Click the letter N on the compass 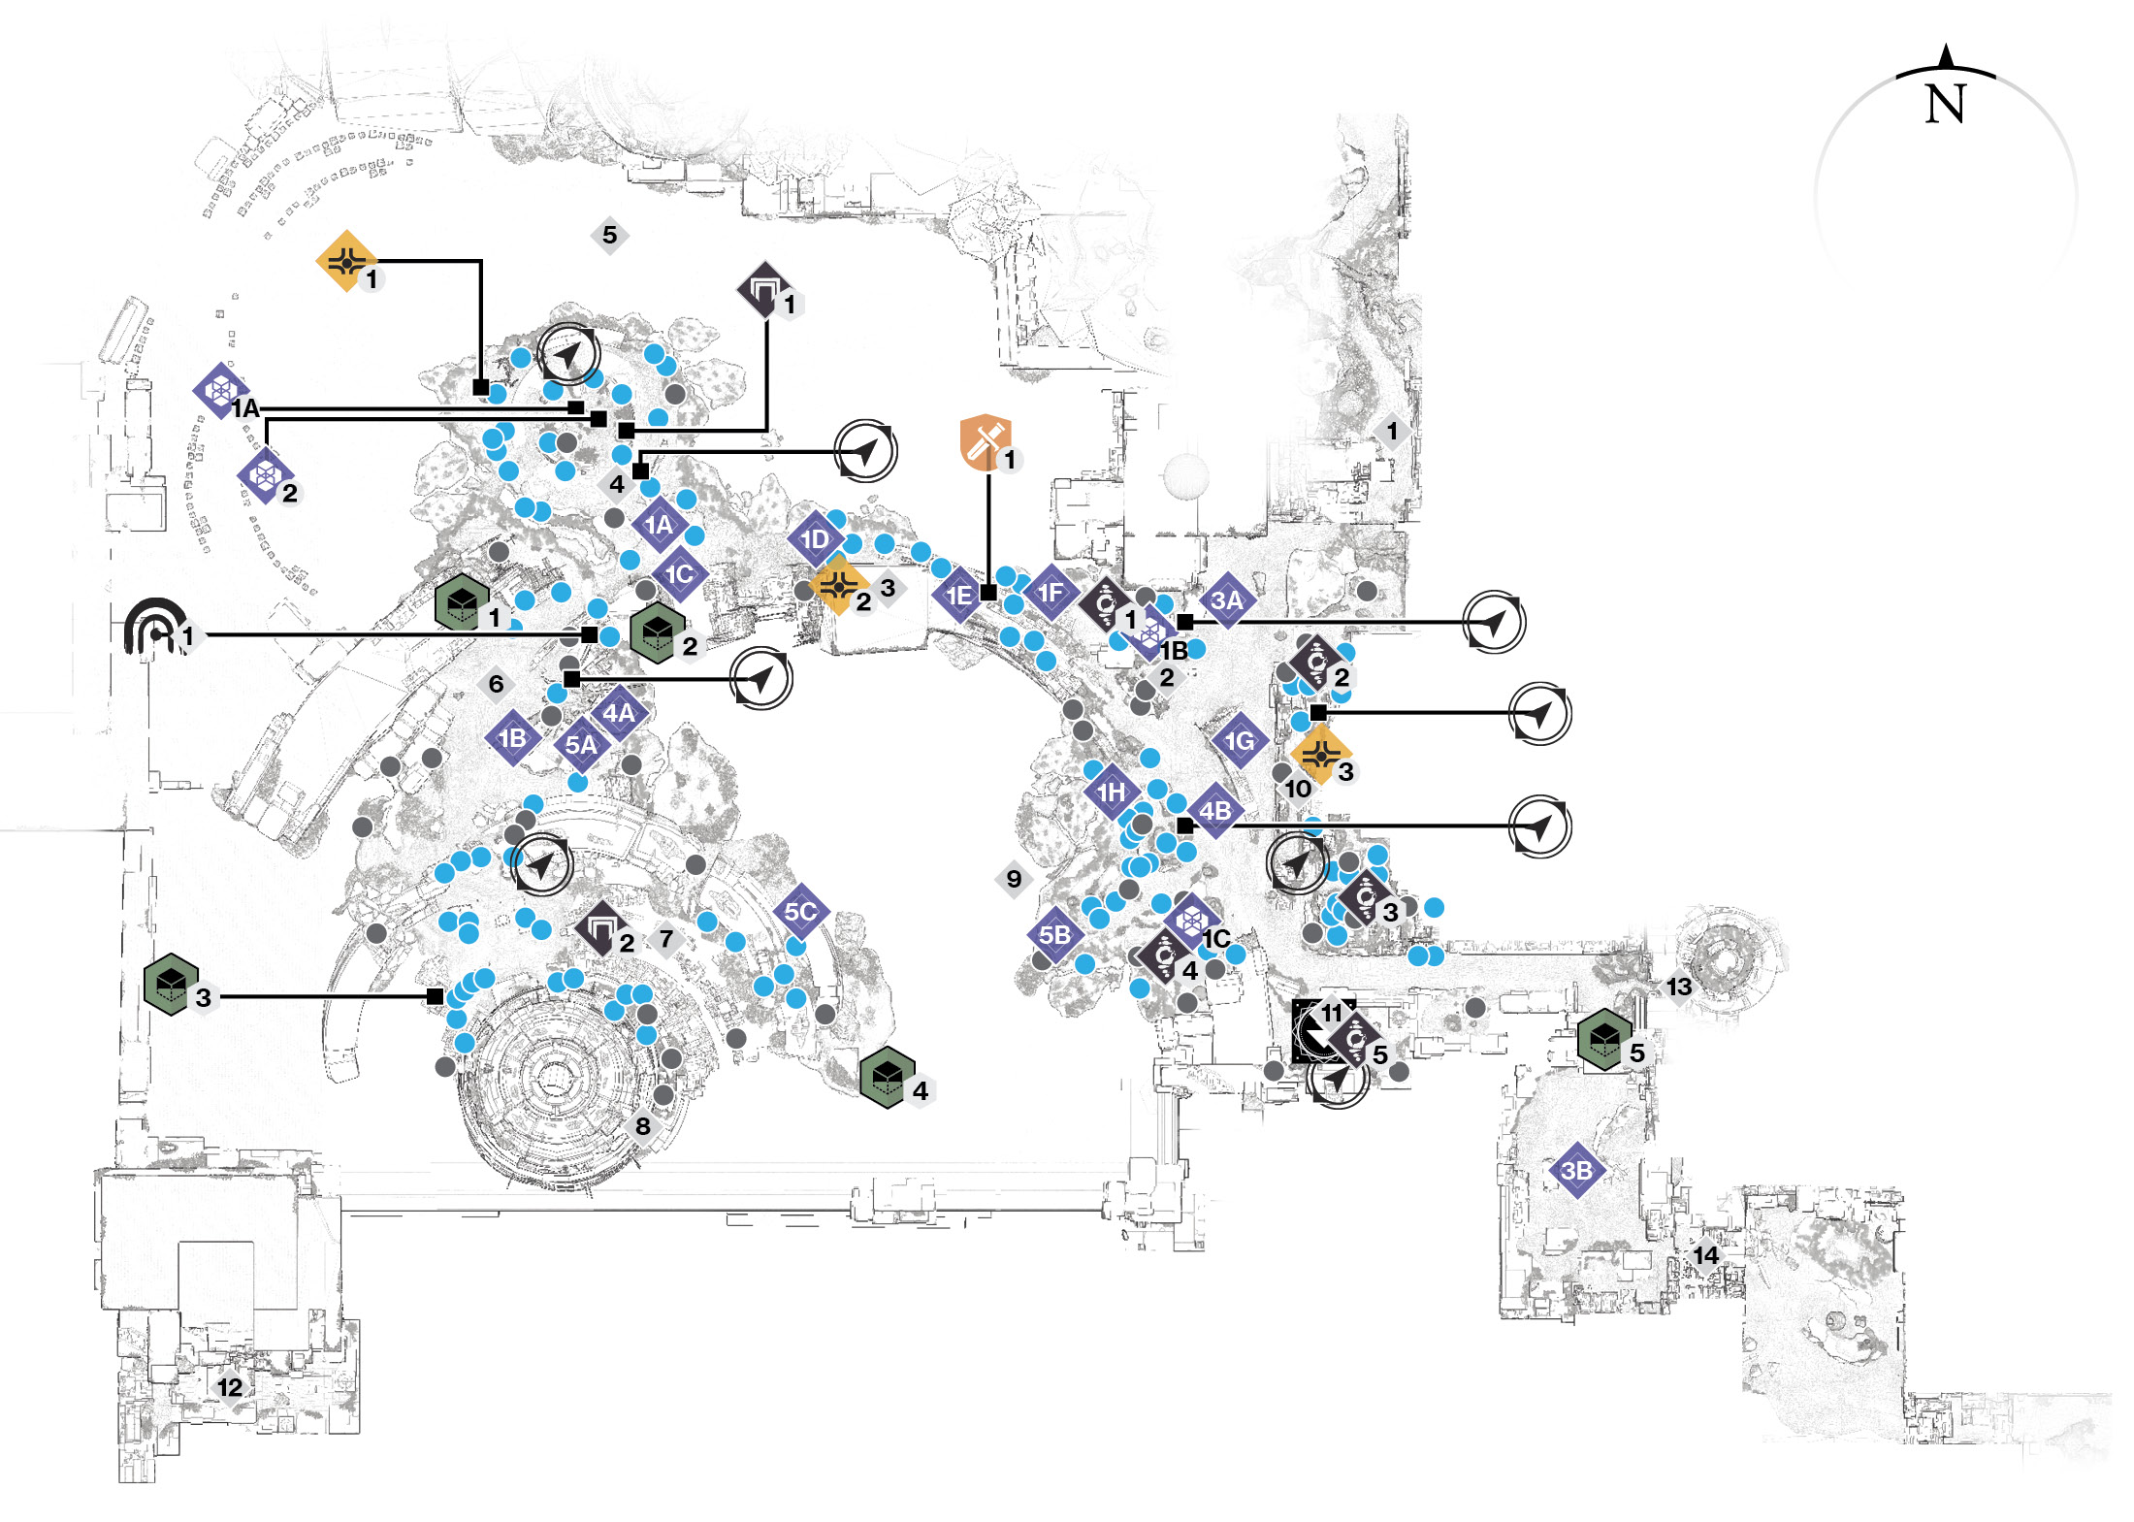pos(1945,103)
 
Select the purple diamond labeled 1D pos(815,539)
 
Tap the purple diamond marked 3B pos(1576,1171)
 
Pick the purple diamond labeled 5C pos(800,912)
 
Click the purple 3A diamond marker pos(1227,600)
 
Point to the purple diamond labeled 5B pos(1055,935)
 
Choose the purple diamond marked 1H pos(1111,793)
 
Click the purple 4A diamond pos(619,713)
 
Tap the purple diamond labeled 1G pos(1240,741)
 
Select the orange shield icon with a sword pos(986,443)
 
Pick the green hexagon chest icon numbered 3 pos(171,984)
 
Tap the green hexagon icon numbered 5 pos(1604,1040)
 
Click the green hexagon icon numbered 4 pos(888,1077)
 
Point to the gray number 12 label pos(230,1387)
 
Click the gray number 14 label pos(1705,1255)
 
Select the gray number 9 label pos(1014,879)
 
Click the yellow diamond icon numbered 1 pos(346,261)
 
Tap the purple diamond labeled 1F pos(1051,593)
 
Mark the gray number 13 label pos(1679,987)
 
